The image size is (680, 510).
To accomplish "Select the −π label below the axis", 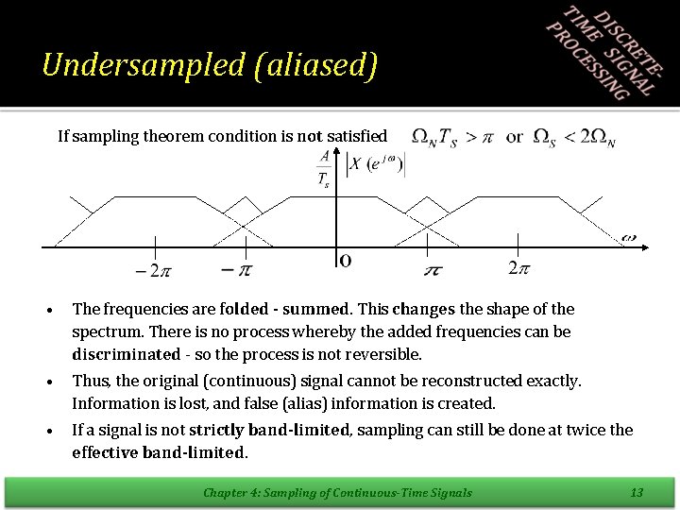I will pyautogui.click(x=236, y=271).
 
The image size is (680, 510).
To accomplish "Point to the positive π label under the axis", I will pyautogui.click(x=432, y=271).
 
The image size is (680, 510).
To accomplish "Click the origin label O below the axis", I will pyautogui.click(x=346, y=261).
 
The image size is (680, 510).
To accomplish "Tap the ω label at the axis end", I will pyautogui.click(x=629, y=236).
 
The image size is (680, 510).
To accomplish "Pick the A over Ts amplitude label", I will pyautogui.click(x=324, y=168).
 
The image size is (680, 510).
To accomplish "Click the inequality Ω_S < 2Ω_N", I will pyautogui.click(x=574, y=138).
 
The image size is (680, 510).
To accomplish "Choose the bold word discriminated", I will pyautogui.click(x=126, y=354).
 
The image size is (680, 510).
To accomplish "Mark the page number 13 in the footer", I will pyautogui.click(x=637, y=492).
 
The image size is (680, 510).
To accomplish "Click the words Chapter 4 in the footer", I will pyautogui.click(x=231, y=492).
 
